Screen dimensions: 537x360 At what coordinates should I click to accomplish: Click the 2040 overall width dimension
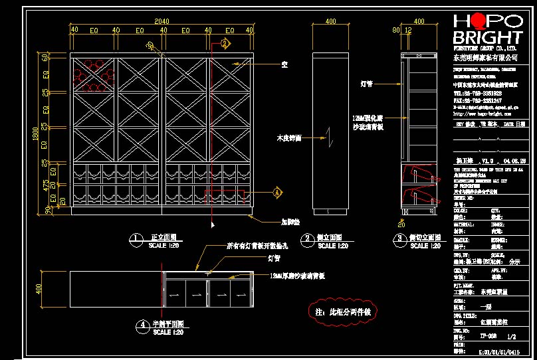tap(161, 21)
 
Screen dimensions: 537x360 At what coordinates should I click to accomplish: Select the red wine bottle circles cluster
tap(92, 74)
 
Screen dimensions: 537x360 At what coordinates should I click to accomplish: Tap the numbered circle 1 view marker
tap(136, 238)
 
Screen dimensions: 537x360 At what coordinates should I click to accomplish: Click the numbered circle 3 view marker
tap(399, 238)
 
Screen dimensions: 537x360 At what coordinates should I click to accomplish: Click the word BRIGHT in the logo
tap(487, 37)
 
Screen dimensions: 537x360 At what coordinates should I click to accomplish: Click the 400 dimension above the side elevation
tap(330, 21)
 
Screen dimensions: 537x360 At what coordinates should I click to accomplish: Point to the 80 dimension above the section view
tap(397, 30)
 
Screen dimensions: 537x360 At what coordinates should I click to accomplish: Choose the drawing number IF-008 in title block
tap(488, 336)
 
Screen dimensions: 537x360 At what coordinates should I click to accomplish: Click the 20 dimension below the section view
tap(401, 225)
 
